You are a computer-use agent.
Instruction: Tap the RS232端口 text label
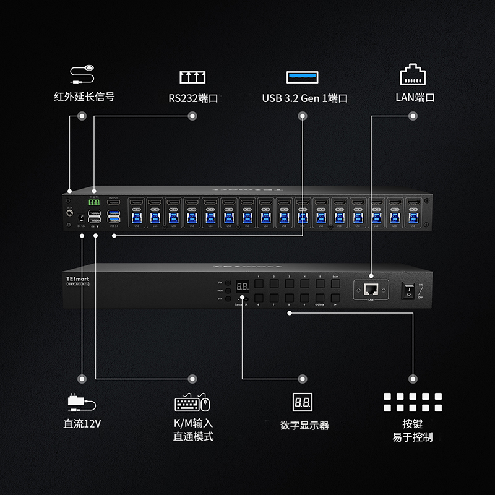click(193, 98)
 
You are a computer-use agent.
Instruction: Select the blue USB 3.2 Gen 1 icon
click(301, 77)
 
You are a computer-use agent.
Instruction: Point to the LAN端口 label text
click(415, 98)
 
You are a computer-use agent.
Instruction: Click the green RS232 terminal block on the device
click(94, 202)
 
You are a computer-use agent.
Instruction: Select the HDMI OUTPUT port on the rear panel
click(113, 203)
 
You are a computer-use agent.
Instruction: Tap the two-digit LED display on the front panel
click(243, 288)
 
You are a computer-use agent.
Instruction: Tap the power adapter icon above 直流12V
click(81, 403)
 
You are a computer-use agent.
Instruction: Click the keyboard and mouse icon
click(192, 403)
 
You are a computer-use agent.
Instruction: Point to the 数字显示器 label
click(304, 426)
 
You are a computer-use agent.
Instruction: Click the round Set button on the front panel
click(228, 282)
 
